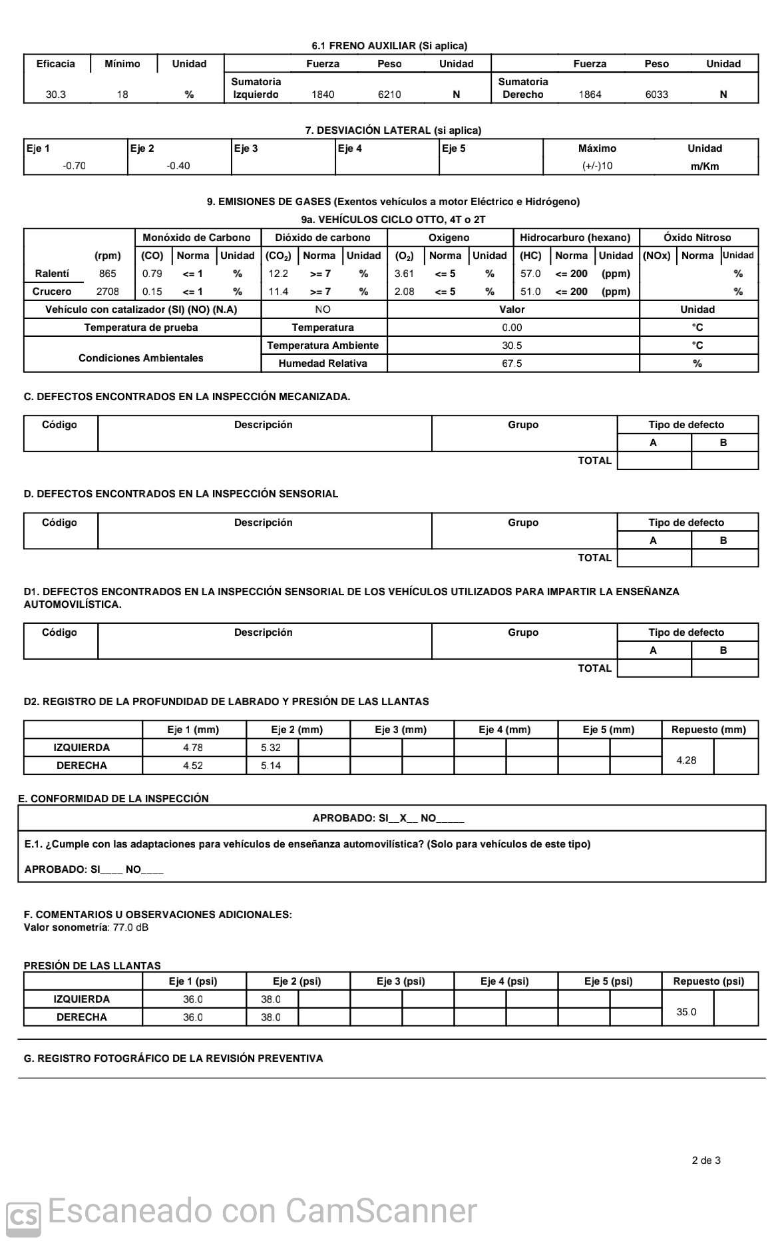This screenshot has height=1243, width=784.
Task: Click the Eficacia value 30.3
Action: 56,95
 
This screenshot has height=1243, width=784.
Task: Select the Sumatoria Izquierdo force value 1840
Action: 323,95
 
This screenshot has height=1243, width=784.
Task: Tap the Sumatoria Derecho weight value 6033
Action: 656,95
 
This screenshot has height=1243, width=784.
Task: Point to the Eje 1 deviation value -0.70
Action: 74,166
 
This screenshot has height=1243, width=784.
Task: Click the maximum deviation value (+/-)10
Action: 597,166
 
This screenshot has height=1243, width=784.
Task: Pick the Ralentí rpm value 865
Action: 107,274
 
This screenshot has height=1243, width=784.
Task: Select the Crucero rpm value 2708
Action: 107,292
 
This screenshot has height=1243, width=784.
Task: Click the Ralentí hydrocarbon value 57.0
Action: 530,274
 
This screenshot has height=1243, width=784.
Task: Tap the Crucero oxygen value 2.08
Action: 404,292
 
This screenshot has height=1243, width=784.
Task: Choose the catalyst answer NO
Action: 323,310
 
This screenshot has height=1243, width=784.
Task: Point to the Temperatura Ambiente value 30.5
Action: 512,346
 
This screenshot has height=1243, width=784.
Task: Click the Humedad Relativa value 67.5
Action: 512,364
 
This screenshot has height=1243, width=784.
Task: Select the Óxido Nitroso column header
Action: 697,238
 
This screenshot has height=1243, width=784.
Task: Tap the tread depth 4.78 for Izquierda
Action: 193,748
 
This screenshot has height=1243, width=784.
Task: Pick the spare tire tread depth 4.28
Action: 686,760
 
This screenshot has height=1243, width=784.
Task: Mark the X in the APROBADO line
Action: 403,818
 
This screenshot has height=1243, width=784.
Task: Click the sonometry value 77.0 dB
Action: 130,927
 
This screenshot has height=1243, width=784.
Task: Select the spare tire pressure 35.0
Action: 686,1012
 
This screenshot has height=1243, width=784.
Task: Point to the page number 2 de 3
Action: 706,1160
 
